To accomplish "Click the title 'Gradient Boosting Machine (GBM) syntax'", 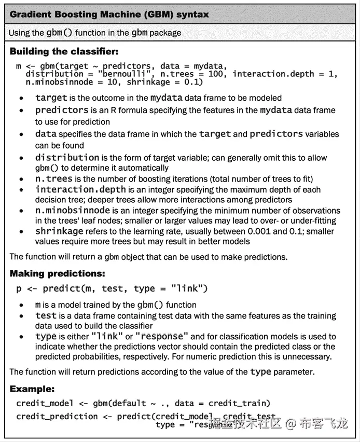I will click(x=109, y=14).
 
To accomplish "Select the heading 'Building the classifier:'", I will click(x=64, y=51).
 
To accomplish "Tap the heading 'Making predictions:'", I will click(x=58, y=273).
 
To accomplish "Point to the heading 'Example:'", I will click(x=32, y=389).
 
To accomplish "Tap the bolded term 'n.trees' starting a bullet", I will click(x=54, y=178).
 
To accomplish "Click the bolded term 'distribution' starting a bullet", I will click(x=67, y=157).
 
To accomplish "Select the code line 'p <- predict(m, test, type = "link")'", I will click(x=112, y=288).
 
